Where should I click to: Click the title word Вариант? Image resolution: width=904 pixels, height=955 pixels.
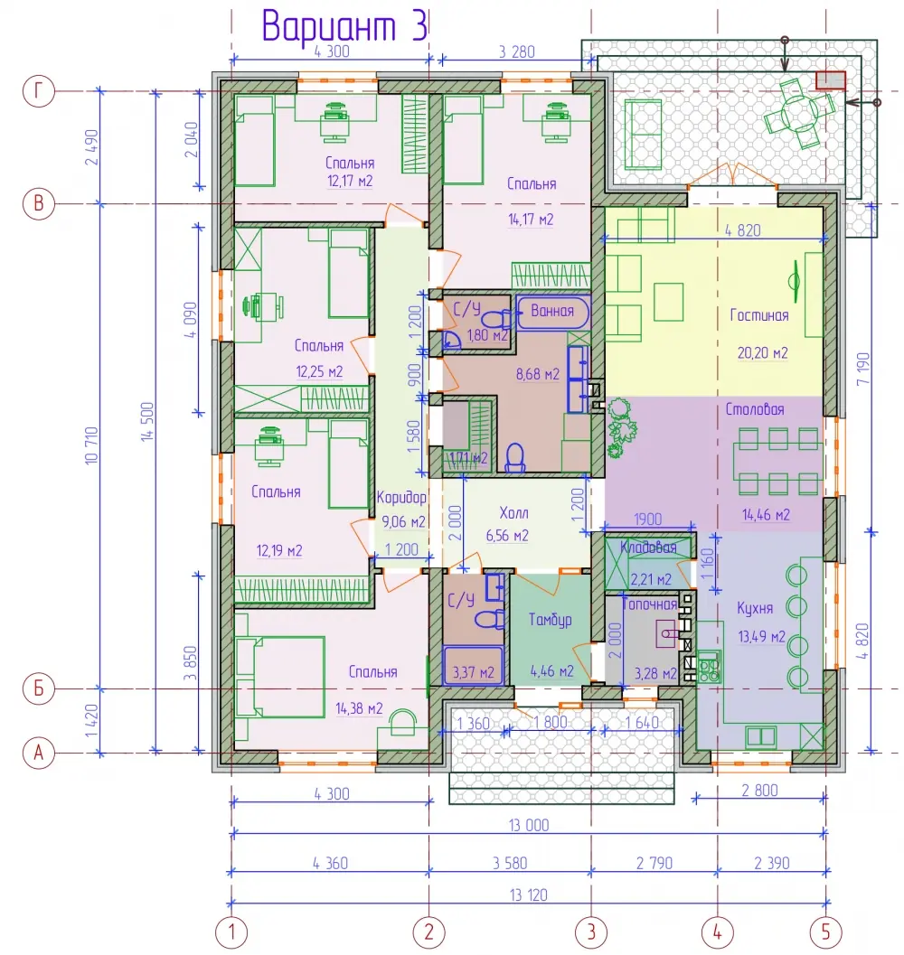point(329,26)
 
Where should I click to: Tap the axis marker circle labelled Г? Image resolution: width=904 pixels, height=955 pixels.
point(38,91)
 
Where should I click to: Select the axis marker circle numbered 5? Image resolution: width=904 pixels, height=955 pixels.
point(826,932)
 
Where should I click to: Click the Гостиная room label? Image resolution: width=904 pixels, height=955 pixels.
point(759,315)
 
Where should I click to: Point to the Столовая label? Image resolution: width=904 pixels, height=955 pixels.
point(755,409)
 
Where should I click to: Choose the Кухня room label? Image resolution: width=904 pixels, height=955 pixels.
point(755,608)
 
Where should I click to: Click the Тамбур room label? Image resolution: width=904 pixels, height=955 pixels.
point(550,620)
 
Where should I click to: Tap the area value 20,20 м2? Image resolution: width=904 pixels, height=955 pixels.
point(763,352)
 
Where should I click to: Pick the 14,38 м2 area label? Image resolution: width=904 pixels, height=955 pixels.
point(359,708)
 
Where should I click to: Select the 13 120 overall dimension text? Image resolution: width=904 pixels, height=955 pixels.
point(529,895)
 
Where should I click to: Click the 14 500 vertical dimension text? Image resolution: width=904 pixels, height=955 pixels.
point(147,421)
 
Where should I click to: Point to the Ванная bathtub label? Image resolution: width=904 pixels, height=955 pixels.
point(552,311)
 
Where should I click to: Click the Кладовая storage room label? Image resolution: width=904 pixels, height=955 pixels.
point(648,548)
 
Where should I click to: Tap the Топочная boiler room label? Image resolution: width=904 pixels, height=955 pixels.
point(649,604)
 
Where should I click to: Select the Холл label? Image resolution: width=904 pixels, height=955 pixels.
point(513,513)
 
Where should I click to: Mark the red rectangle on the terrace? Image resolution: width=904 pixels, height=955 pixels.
point(831,80)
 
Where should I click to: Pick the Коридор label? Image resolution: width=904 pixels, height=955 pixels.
point(401,498)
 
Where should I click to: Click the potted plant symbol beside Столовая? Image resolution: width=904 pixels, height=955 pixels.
point(621,427)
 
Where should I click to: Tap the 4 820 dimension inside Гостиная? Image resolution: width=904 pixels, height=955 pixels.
point(743,230)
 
